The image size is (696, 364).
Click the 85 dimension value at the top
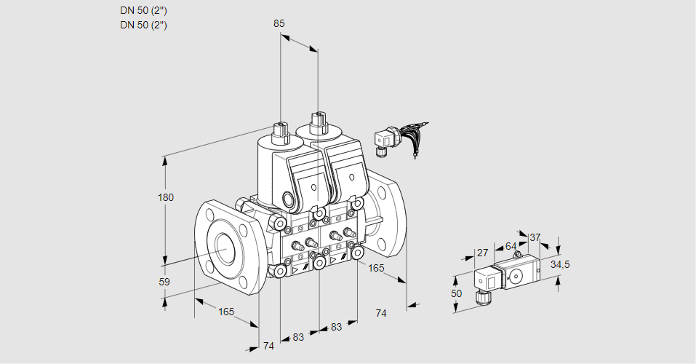pyautogui.click(x=279, y=23)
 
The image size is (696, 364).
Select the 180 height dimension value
pyautogui.click(x=167, y=198)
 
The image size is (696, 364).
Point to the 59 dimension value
pyautogui.click(x=164, y=282)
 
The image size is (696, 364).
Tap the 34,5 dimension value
pyautogui.click(x=560, y=264)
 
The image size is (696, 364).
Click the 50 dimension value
pyautogui.click(x=456, y=293)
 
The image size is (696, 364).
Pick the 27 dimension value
pyautogui.click(x=481, y=253)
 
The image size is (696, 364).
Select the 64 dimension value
pyautogui.click(x=511, y=246)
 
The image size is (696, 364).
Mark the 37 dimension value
pyautogui.click(x=535, y=237)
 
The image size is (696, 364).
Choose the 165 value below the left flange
pyautogui.click(x=226, y=312)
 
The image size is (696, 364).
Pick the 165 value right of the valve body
pyautogui.click(x=375, y=269)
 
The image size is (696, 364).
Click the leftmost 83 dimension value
pyautogui.click(x=298, y=337)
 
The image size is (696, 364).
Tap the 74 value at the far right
pyautogui.click(x=380, y=313)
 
